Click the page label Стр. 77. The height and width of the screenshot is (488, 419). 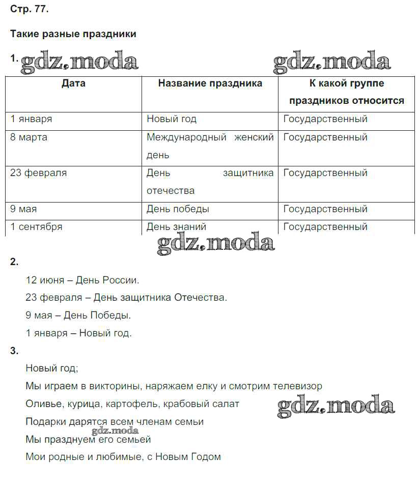[x=30, y=9]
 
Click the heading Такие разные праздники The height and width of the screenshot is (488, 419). [x=73, y=34]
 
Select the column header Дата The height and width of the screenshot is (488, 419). [x=73, y=83]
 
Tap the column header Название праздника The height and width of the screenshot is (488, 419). [x=210, y=83]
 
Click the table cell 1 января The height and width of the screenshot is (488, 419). [x=32, y=120]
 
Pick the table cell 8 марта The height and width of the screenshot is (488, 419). [x=29, y=137]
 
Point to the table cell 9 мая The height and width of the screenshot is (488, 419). [x=24, y=209]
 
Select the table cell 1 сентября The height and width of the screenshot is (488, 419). [x=37, y=227]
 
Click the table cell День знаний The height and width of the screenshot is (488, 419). [x=177, y=227]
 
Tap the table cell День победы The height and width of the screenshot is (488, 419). [x=178, y=209]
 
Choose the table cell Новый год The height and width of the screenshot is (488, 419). [x=172, y=120]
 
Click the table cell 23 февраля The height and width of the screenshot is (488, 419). [x=39, y=173]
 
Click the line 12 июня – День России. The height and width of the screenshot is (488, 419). [x=82, y=280]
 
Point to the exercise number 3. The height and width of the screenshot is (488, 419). [x=14, y=351]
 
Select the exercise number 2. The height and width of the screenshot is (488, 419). [x=14, y=263]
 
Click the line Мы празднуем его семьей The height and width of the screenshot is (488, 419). [x=88, y=439]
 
